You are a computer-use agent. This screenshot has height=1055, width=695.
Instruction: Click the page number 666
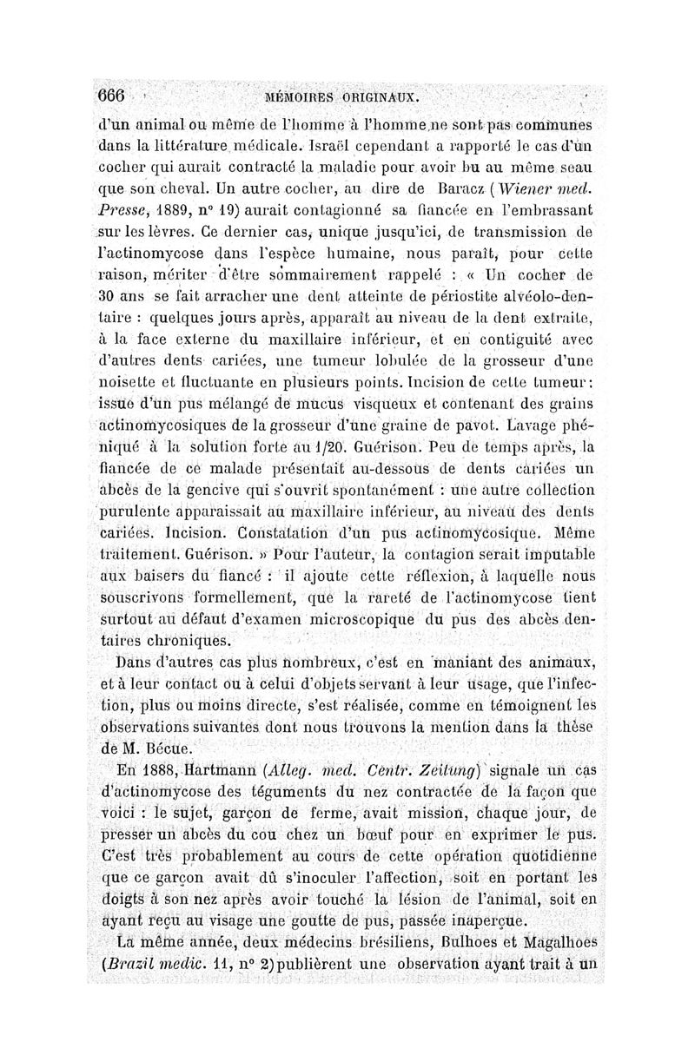[112, 93]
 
